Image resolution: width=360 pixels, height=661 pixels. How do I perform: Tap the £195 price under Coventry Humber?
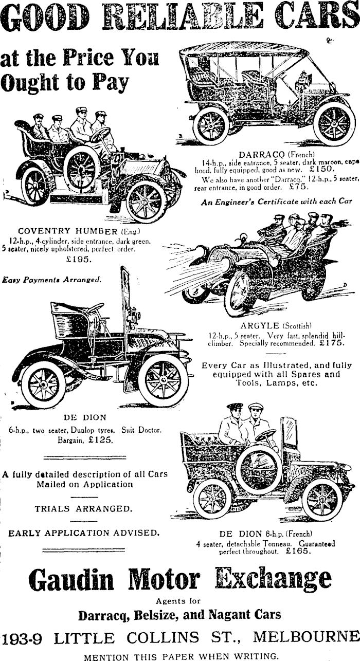tap(79, 260)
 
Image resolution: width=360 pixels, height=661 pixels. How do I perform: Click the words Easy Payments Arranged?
tap(52, 280)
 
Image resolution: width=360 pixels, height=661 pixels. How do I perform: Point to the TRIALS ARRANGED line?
tap(83, 509)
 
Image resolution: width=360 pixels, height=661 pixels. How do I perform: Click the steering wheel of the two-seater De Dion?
tap(95, 308)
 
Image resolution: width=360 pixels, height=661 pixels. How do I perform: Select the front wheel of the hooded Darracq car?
tap(334, 124)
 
